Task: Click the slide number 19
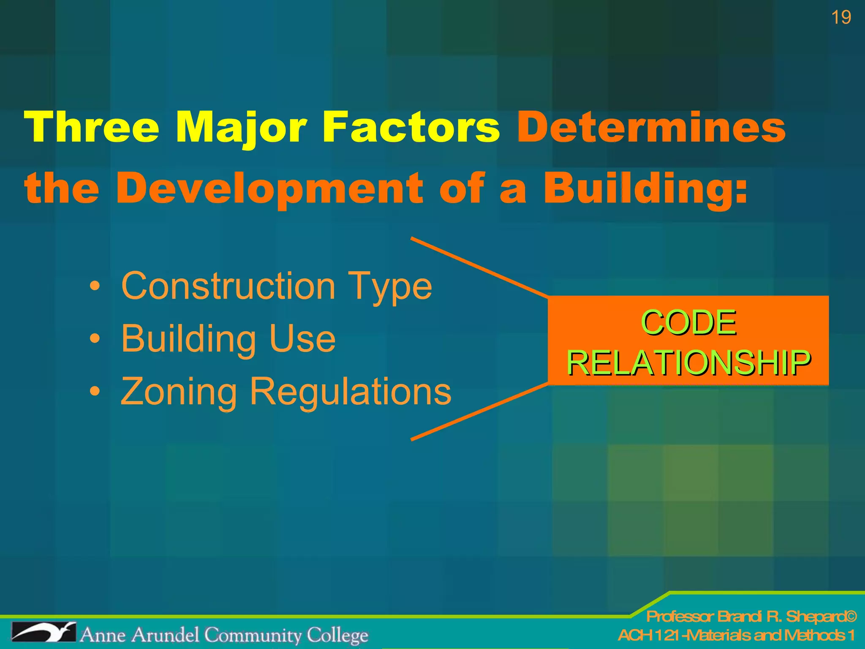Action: point(841,18)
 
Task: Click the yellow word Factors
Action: point(411,127)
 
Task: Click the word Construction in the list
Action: point(228,286)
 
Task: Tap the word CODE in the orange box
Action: point(688,323)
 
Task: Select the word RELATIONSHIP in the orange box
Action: point(688,363)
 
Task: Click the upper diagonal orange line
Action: point(479,267)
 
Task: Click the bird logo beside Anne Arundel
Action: point(44,633)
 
